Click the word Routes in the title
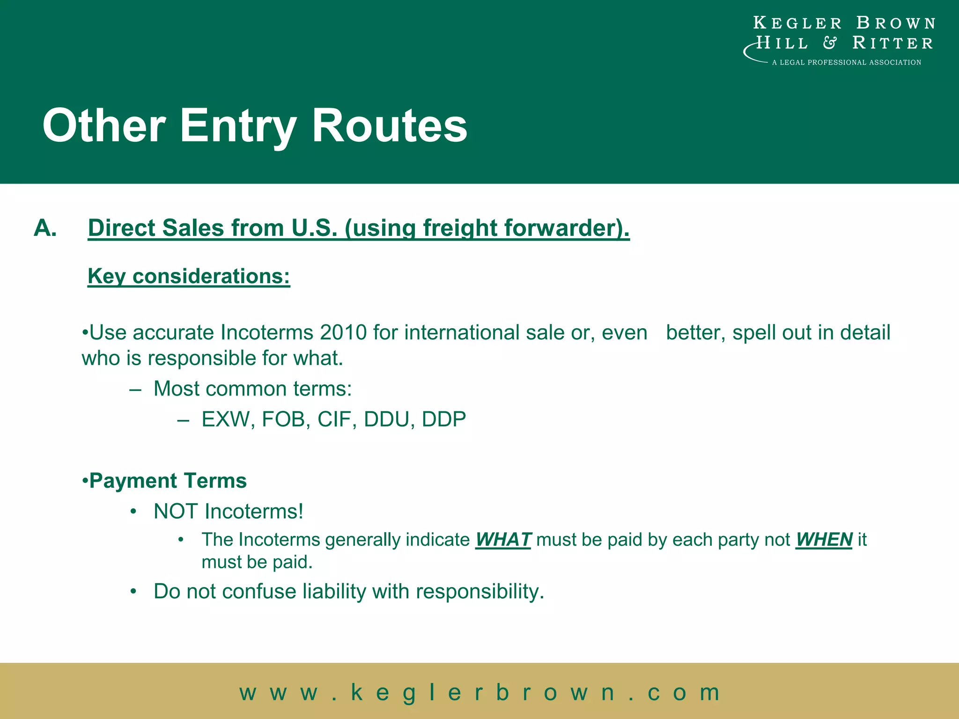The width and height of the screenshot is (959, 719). (x=389, y=125)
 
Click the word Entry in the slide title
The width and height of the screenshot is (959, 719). (x=238, y=125)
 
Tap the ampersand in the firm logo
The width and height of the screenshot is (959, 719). (x=830, y=43)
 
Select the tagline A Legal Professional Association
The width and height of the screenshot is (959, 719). (x=846, y=62)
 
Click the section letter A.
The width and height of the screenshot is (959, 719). (x=45, y=228)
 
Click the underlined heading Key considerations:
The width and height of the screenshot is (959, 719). (x=189, y=276)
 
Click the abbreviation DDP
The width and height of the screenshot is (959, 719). (x=444, y=419)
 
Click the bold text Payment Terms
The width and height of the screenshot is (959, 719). (x=168, y=481)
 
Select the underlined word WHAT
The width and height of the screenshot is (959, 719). (x=503, y=540)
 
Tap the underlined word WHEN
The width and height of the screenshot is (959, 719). (x=824, y=540)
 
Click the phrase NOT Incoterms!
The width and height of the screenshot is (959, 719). (x=229, y=511)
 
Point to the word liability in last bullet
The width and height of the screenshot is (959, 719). (x=334, y=591)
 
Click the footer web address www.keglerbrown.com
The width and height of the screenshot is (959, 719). (x=479, y=692)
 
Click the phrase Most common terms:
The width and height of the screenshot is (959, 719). (x=252, y=389)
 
